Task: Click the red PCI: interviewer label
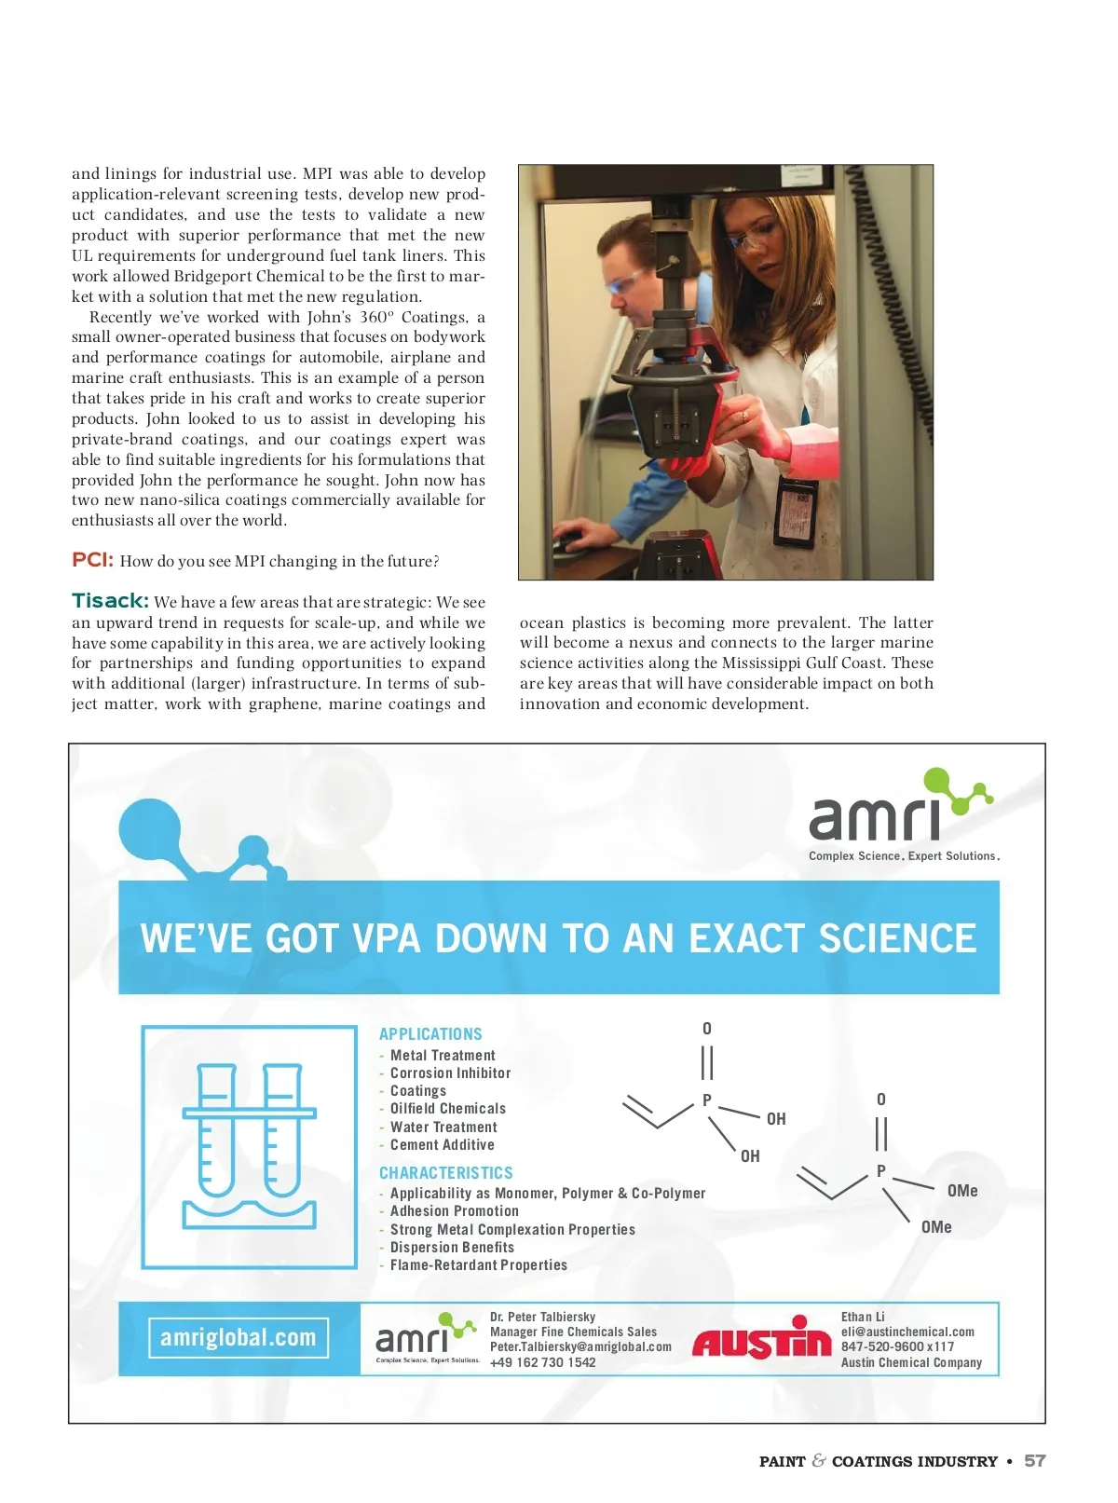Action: click(92, 560)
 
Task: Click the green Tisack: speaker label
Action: click(110, 601)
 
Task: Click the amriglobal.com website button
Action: click(239, 1338)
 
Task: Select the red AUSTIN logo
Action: click(761, 1340)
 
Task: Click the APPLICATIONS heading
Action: click(430, 1034)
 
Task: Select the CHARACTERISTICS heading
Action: click(445, 1173)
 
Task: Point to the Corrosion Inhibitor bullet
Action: click(450, 1073)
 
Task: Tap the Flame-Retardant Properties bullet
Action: click(478, 1265)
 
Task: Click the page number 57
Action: click(1034, 1461)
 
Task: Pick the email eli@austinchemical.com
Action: click(907, 1332)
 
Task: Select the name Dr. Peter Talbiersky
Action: click(542, 1318)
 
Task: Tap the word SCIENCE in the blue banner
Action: click(897, 938)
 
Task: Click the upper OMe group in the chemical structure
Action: click(962, 1191)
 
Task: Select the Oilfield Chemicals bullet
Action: click(447, 1109)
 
